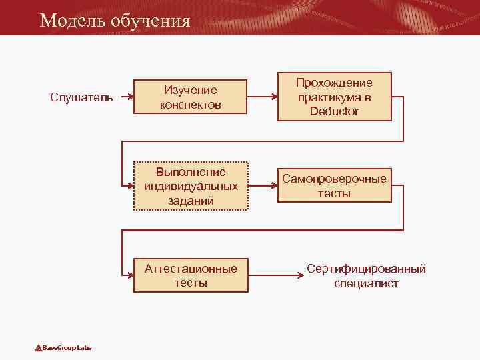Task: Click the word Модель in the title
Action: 67,21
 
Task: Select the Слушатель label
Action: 81,97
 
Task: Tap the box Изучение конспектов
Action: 191,97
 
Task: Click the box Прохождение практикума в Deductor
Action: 334,97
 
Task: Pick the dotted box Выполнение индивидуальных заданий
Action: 191,186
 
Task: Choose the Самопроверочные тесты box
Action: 334,186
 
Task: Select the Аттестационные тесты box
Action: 191,275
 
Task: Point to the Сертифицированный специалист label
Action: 366,275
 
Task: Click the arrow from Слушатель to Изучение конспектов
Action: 125,97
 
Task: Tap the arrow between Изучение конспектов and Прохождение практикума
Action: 263,97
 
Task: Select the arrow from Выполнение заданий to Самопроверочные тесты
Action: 263,186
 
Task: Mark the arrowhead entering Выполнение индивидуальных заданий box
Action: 129,186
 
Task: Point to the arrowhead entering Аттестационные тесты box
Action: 129,275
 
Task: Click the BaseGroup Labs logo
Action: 63,347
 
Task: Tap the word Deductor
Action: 334,111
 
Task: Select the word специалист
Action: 366,283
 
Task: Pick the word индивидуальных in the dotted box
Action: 191,186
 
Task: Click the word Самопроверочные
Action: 334,179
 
